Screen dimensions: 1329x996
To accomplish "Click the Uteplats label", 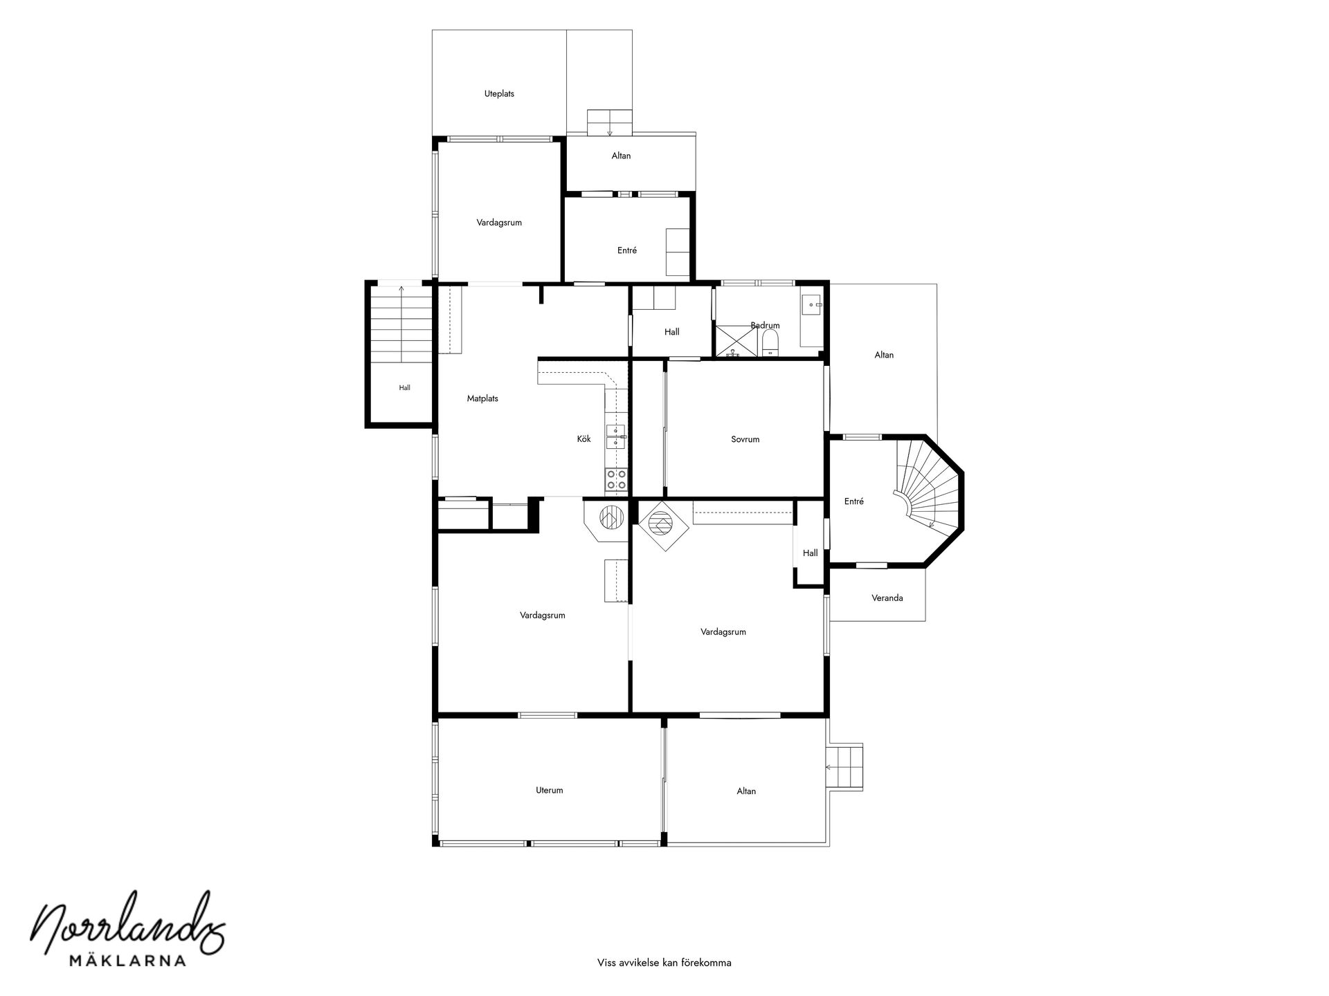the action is (x=499, y=93).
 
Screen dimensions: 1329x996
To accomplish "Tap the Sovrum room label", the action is (x=745, y=439).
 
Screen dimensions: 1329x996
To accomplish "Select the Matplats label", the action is (x=482, y=398).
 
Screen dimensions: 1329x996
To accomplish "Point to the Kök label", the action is (x=584, y=439).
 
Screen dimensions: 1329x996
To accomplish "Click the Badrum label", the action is (x=765, y=325).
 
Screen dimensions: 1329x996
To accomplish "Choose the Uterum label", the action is (x=550, y=790).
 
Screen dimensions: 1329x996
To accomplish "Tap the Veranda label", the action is (x=887, y=598).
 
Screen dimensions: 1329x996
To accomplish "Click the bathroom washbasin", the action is (x=813, y=304).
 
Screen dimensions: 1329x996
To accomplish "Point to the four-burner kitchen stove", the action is (x=616, y=480).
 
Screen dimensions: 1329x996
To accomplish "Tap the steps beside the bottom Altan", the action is (x=845, y=767).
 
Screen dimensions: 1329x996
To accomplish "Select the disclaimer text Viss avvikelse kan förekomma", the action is (x=664, y=962).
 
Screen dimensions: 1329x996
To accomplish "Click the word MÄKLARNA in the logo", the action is (x=128, y=960).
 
